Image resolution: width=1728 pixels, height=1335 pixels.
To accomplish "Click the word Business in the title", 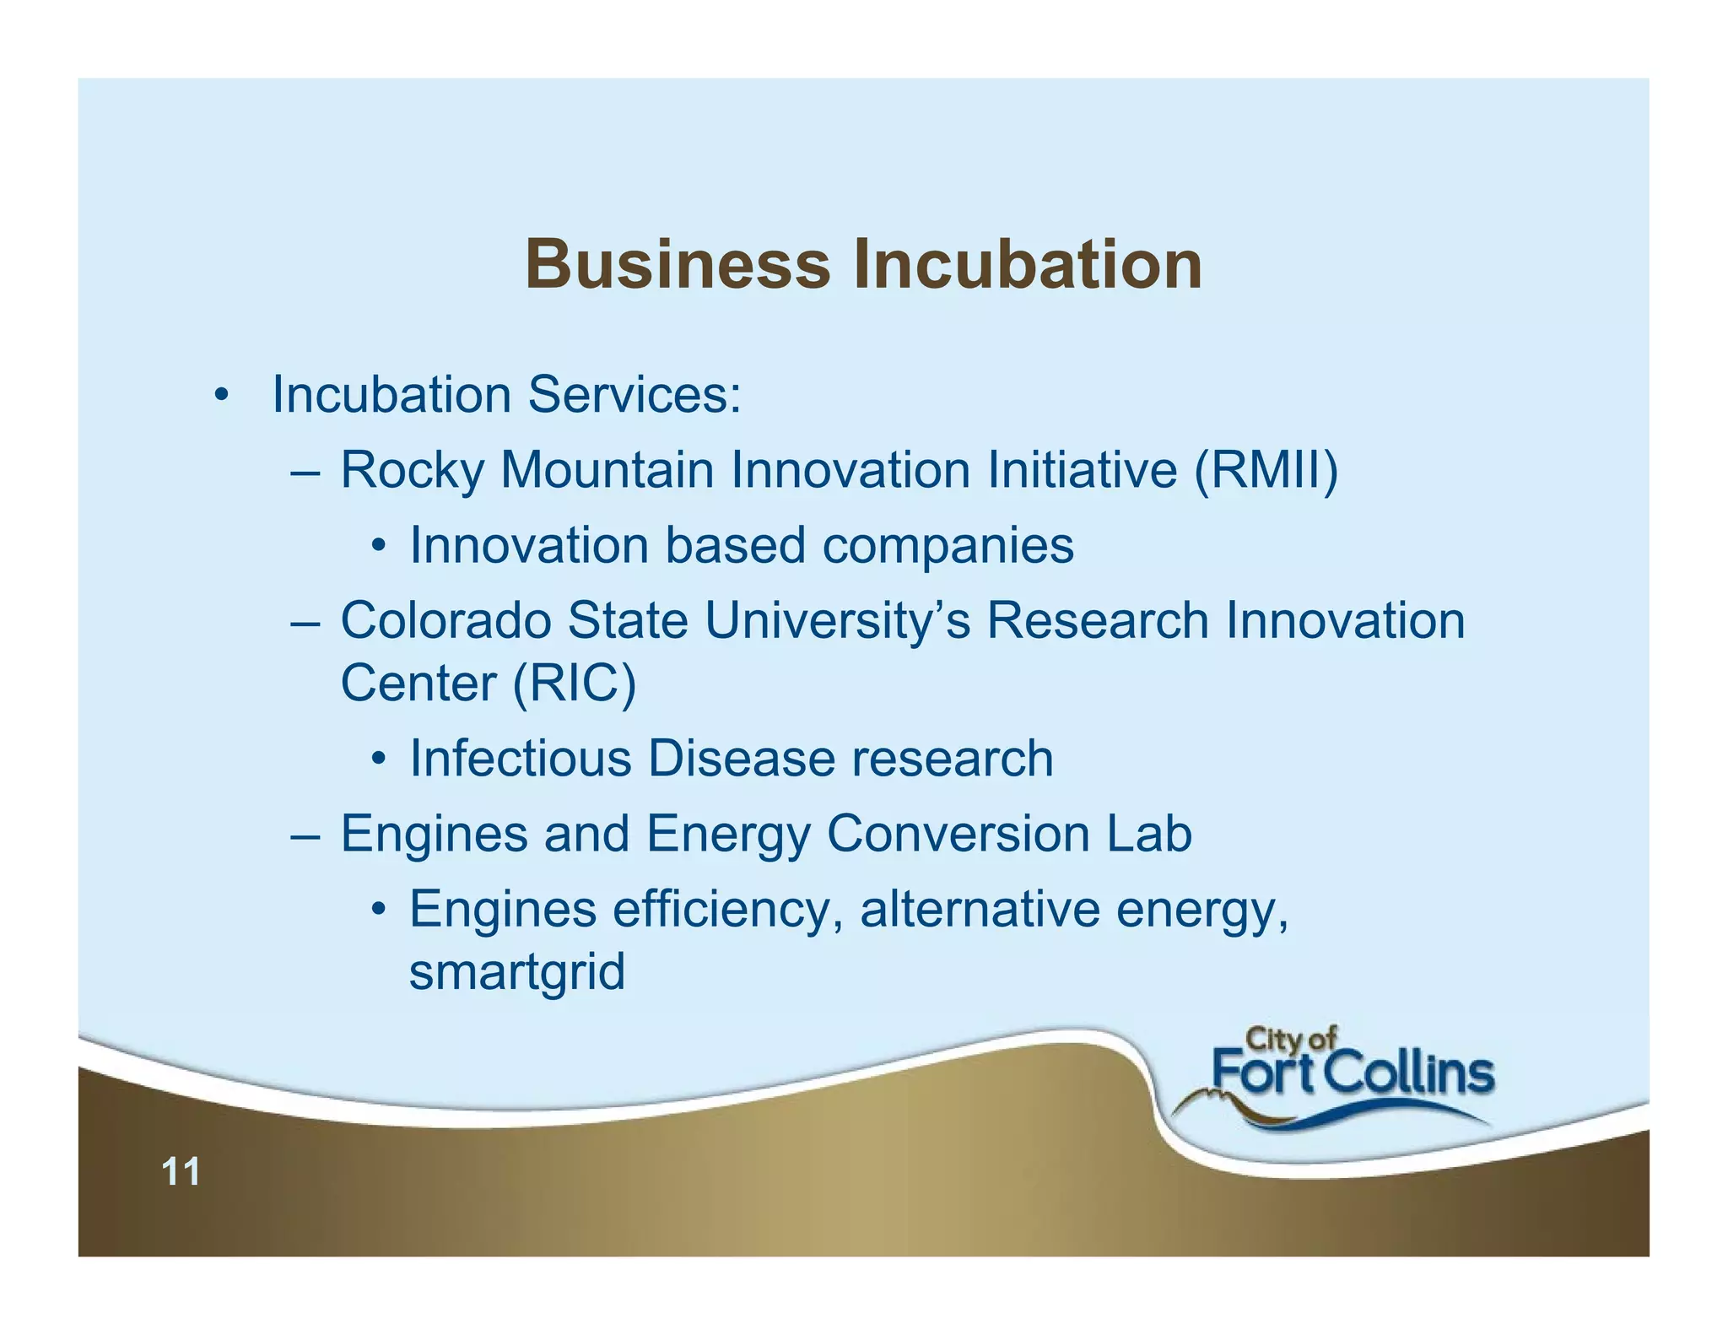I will tap(678, 264).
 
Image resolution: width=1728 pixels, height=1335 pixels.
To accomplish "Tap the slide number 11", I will tap(181, 1171).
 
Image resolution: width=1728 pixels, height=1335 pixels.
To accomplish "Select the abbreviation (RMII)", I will tap(1266, 469).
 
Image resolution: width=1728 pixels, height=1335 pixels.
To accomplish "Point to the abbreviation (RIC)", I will tap(574, 683).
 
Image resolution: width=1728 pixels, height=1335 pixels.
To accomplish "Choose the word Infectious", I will tap(520, 758).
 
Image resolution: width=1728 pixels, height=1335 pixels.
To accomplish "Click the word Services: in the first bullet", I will tap(634, 394).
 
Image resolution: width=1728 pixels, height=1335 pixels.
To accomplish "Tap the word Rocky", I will tap(412, 469).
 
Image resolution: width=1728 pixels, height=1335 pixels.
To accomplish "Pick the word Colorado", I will tap(445, 621).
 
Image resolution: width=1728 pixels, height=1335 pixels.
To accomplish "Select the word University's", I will tap(837, 621).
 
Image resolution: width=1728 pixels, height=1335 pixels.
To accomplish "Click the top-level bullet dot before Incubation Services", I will tap(221, 396).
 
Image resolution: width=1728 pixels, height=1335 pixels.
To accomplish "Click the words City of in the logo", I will tap(1291, 1039).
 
